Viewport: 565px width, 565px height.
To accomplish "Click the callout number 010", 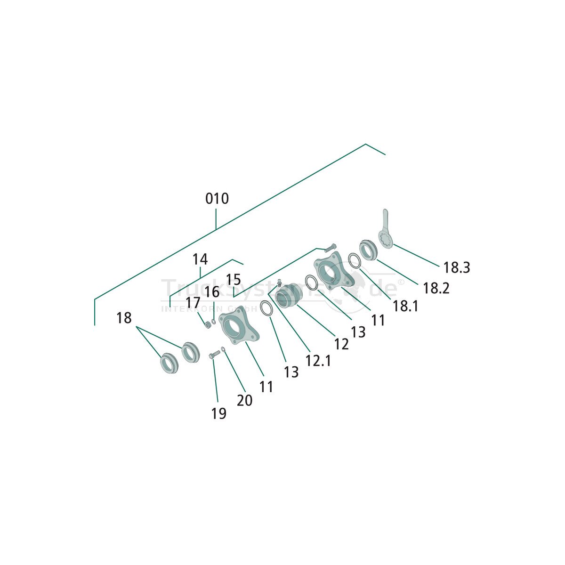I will coord(217,199).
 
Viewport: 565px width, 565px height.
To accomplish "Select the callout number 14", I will coord(200,259).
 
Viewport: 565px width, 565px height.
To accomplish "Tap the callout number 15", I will coord(234,280).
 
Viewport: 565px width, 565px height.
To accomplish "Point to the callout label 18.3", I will coord(456,268).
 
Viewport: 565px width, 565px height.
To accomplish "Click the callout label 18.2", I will coord(436,288).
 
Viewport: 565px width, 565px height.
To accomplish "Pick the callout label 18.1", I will coord(405,306).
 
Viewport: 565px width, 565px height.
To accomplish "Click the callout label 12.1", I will coord(318,361).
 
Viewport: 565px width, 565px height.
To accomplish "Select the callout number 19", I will coord(218,413).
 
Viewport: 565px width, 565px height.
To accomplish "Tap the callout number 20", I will coord(244,400).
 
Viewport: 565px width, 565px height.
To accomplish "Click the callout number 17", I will coord(193,303).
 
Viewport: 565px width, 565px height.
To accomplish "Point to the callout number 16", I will coord(212,291).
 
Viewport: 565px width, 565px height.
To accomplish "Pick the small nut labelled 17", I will coord(207,324).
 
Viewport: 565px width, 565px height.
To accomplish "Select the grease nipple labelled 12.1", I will coord(279,283).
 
